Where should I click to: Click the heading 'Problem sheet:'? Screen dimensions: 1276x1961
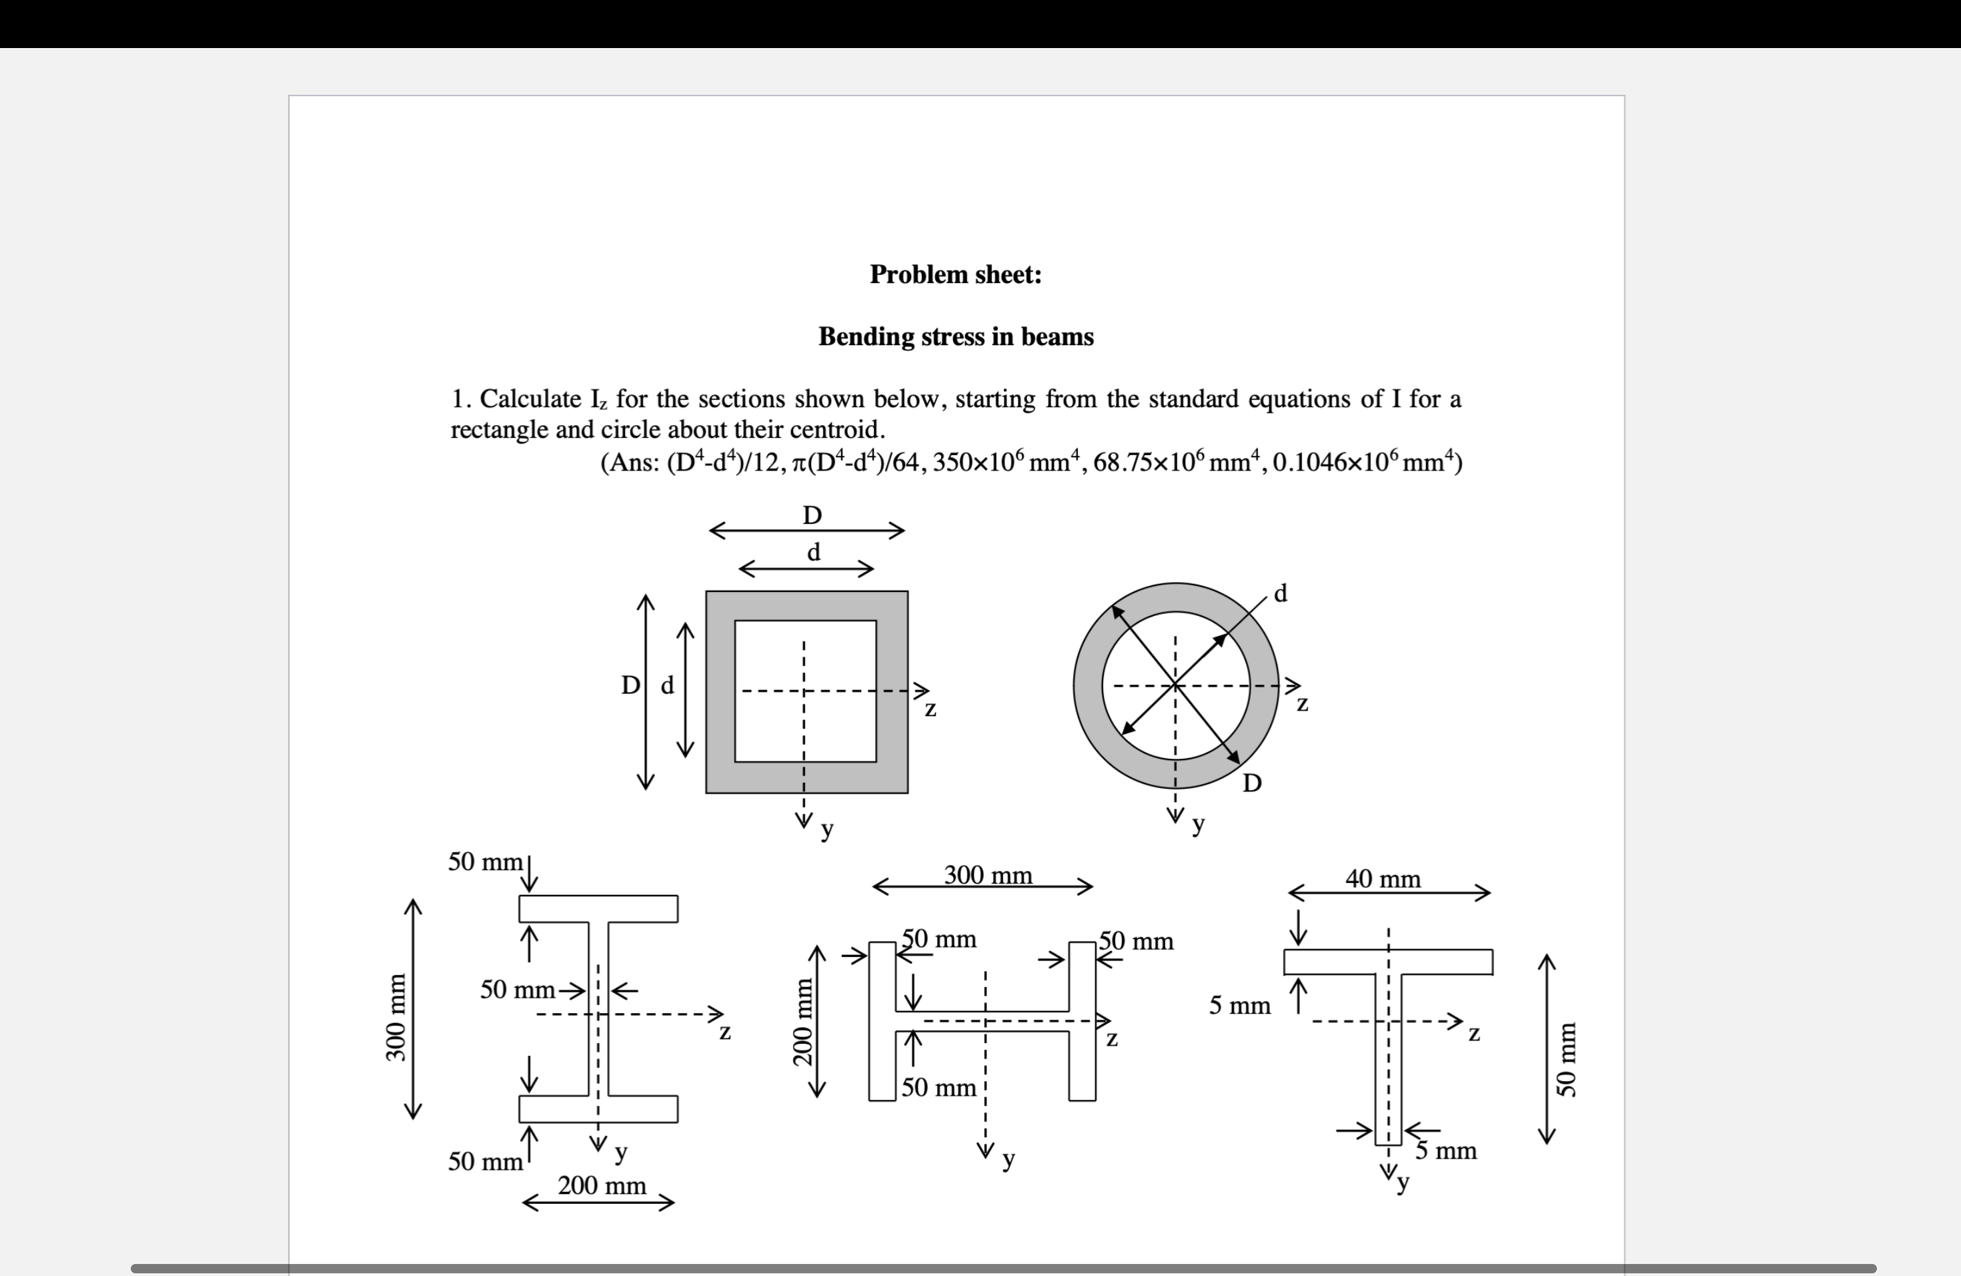pos(956,274)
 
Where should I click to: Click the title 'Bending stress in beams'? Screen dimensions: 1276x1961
pos(956,336)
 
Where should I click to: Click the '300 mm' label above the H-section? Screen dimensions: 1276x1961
pos(987,874)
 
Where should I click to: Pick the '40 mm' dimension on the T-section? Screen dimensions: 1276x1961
pos(1383,879)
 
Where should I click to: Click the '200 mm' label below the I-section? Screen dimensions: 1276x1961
pos(602,1185)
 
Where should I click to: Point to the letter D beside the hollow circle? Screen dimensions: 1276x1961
pos(1251,783)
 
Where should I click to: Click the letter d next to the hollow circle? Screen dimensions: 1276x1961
pos(1279,593)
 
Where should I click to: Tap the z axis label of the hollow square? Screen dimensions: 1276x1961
pos(930,709)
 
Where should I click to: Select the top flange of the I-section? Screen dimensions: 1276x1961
pos(598,908)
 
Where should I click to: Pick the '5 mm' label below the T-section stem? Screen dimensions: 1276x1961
pos(1446,1150)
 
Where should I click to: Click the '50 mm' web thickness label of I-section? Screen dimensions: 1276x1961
pos(518,989)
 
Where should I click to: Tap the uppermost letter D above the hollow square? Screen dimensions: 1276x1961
pos(812,515)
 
